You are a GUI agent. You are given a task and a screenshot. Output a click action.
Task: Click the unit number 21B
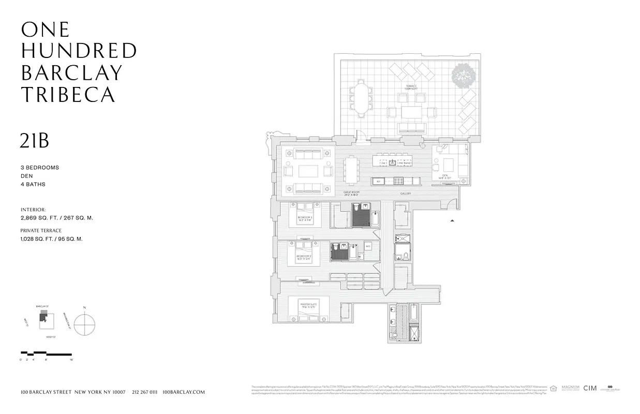[x=35, y=140]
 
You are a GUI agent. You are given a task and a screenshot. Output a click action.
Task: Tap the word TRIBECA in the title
[x=68, y=95]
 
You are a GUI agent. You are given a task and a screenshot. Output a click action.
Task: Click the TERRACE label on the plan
[x=411, y=87]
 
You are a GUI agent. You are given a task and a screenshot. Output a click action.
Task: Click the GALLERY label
[x=405, y=194]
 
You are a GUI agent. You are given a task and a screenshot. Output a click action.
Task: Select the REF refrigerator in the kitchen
[x=379, y=181]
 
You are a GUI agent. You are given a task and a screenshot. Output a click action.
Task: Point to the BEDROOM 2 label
[x=304, y=257]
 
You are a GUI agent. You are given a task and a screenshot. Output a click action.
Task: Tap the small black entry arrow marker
[x=453, y=220]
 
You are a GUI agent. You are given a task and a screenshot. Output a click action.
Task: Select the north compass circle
[x=84, y=325]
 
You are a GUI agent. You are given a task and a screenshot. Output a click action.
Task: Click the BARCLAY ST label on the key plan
[x=42, y=306]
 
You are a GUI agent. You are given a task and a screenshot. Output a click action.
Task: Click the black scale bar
[x=46, y=354]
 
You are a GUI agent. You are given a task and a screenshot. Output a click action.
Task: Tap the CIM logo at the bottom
[x=590, y=388]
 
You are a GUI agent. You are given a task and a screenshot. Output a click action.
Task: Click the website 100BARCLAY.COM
[x=184, y=392]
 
